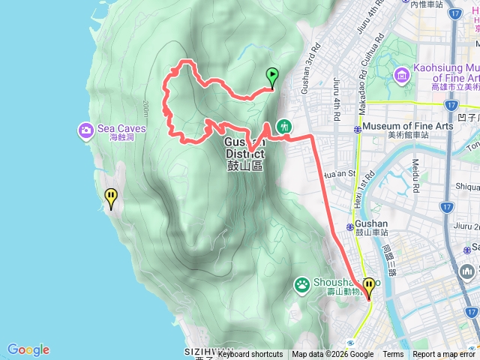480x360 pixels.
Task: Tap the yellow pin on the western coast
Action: pyautogui.click(x=111, y=197)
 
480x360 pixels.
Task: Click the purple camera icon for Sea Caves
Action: pyautogui.click(x=86, y=132)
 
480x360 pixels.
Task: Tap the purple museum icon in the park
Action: pyautogui.click(x=402, y=74)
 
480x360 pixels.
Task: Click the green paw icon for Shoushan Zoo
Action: pyautogui.click(x=301, y=284)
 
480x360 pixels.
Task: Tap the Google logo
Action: pyautogui.click(x=28, y=349)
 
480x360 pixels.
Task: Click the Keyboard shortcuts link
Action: pyautogui.click(x=250, y=355)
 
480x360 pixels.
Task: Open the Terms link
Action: pyautogui.click(x=393, y=355)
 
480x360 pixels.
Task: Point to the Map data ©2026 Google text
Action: pyautogui.click(x=332, y=355)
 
